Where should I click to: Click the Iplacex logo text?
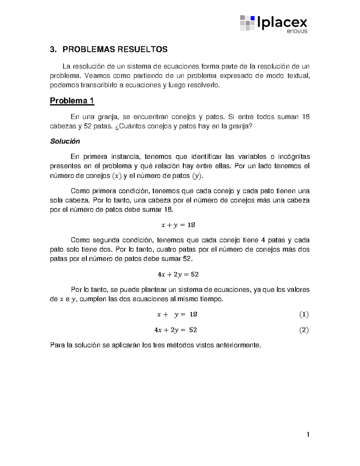282,22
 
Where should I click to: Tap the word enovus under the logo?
297,31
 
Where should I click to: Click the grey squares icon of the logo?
247,23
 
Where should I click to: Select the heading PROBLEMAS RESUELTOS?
115,50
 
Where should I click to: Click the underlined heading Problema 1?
72,101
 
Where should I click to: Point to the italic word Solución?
65,141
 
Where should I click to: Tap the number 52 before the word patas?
88,126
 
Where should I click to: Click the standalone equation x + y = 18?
178,225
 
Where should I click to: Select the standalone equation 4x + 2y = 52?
178,275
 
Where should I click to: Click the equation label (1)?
304,314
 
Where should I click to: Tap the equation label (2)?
304,330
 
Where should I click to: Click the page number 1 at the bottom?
308,434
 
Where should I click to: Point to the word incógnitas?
294,157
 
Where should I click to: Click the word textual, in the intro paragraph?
298,76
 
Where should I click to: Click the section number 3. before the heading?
53,50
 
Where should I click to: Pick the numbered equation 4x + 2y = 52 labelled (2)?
175,330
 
